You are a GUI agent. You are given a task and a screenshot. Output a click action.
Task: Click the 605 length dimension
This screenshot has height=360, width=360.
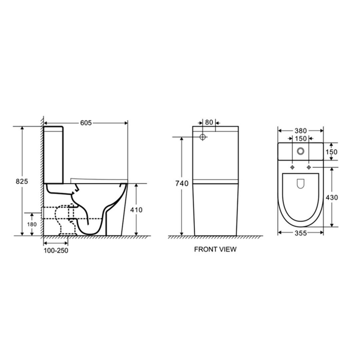(x=86, y=123)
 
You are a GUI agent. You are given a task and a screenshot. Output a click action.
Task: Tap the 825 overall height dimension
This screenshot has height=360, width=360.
(x=22, y=181)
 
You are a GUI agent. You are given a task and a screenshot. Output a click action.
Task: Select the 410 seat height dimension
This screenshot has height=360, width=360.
(x=136, y=210)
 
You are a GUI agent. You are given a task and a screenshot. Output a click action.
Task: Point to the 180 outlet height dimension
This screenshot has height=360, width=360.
(x=32, y=224)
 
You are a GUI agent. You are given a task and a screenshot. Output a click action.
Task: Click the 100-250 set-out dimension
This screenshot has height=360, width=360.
(x=56, y=250)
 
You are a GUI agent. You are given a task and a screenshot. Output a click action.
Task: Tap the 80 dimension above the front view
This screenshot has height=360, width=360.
(x=209, y=122)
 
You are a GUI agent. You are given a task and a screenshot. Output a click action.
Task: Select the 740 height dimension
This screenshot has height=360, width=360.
(x=182, y=183)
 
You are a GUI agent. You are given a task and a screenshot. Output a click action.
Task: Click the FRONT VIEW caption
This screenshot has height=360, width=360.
(x=215, y=249)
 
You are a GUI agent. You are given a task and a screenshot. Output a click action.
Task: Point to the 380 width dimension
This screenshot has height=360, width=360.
(x=301, y=131)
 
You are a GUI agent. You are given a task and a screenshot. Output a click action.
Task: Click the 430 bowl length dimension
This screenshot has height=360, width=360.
(x=332, y=197)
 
